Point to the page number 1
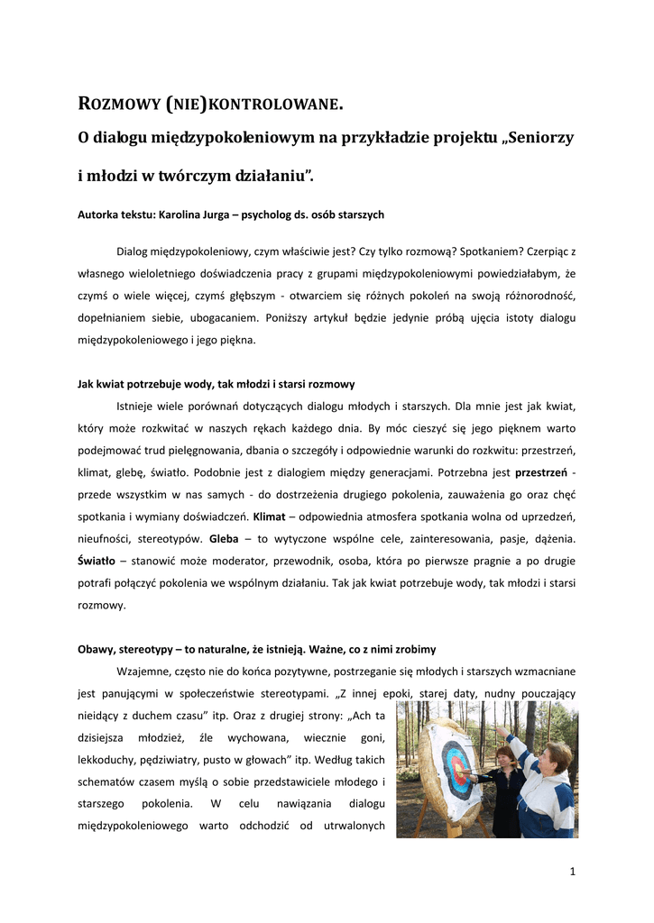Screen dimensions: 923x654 (x=573, y=872)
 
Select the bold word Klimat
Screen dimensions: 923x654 (x=269, y=516)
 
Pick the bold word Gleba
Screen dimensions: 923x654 (x=224, y=539)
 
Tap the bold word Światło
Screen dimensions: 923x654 (x=97, y=561)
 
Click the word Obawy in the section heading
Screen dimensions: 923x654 (x=95, y=648)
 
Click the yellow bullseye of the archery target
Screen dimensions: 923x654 (x=459, y=770)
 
